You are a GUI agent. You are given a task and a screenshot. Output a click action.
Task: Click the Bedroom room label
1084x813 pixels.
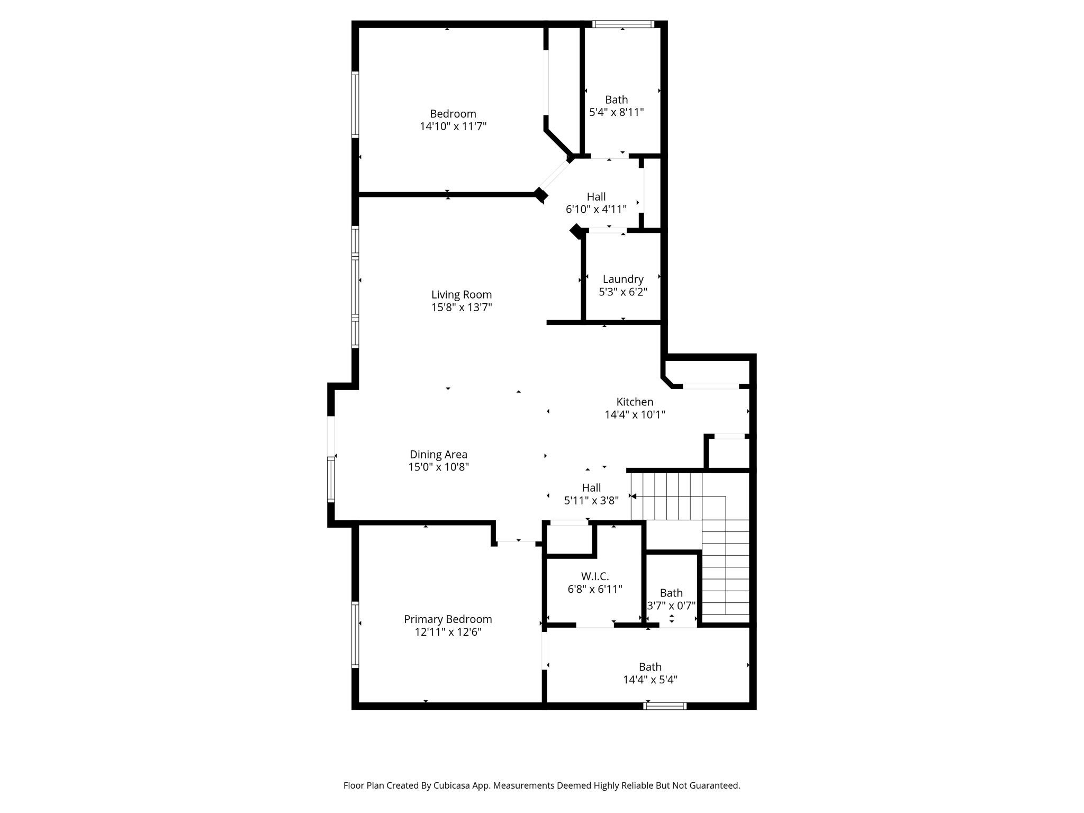[453, 114]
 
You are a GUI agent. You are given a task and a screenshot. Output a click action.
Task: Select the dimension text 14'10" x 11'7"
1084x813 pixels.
[453, 127]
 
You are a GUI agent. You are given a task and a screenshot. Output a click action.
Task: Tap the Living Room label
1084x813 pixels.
[461, 295]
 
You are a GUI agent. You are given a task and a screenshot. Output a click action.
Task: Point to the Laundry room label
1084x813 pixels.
[623, 279]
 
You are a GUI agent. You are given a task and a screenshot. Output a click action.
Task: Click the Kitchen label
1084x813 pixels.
[635, 402]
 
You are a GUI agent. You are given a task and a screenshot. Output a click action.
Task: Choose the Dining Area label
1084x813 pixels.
[438, 454]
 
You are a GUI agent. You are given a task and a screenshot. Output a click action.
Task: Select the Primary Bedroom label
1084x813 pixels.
[448, 619]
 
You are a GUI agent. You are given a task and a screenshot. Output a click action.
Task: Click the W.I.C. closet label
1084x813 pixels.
[595, 576]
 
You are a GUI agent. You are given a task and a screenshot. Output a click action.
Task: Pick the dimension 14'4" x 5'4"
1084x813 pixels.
[650, 680]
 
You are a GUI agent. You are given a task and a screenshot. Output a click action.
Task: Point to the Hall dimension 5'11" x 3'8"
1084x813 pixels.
[591, 500]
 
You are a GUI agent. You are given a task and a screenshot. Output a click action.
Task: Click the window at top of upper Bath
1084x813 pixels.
[623, 24]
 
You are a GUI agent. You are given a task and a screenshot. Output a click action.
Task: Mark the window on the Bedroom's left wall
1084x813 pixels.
[355, 105]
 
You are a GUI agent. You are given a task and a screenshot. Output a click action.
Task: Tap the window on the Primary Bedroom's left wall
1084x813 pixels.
[355, 634]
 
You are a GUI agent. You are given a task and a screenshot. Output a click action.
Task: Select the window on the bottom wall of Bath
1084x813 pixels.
[665, 706]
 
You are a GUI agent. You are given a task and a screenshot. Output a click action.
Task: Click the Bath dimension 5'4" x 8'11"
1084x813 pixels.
[616, 112]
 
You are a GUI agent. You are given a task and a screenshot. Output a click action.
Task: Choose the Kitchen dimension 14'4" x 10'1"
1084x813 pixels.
[635, 414]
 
